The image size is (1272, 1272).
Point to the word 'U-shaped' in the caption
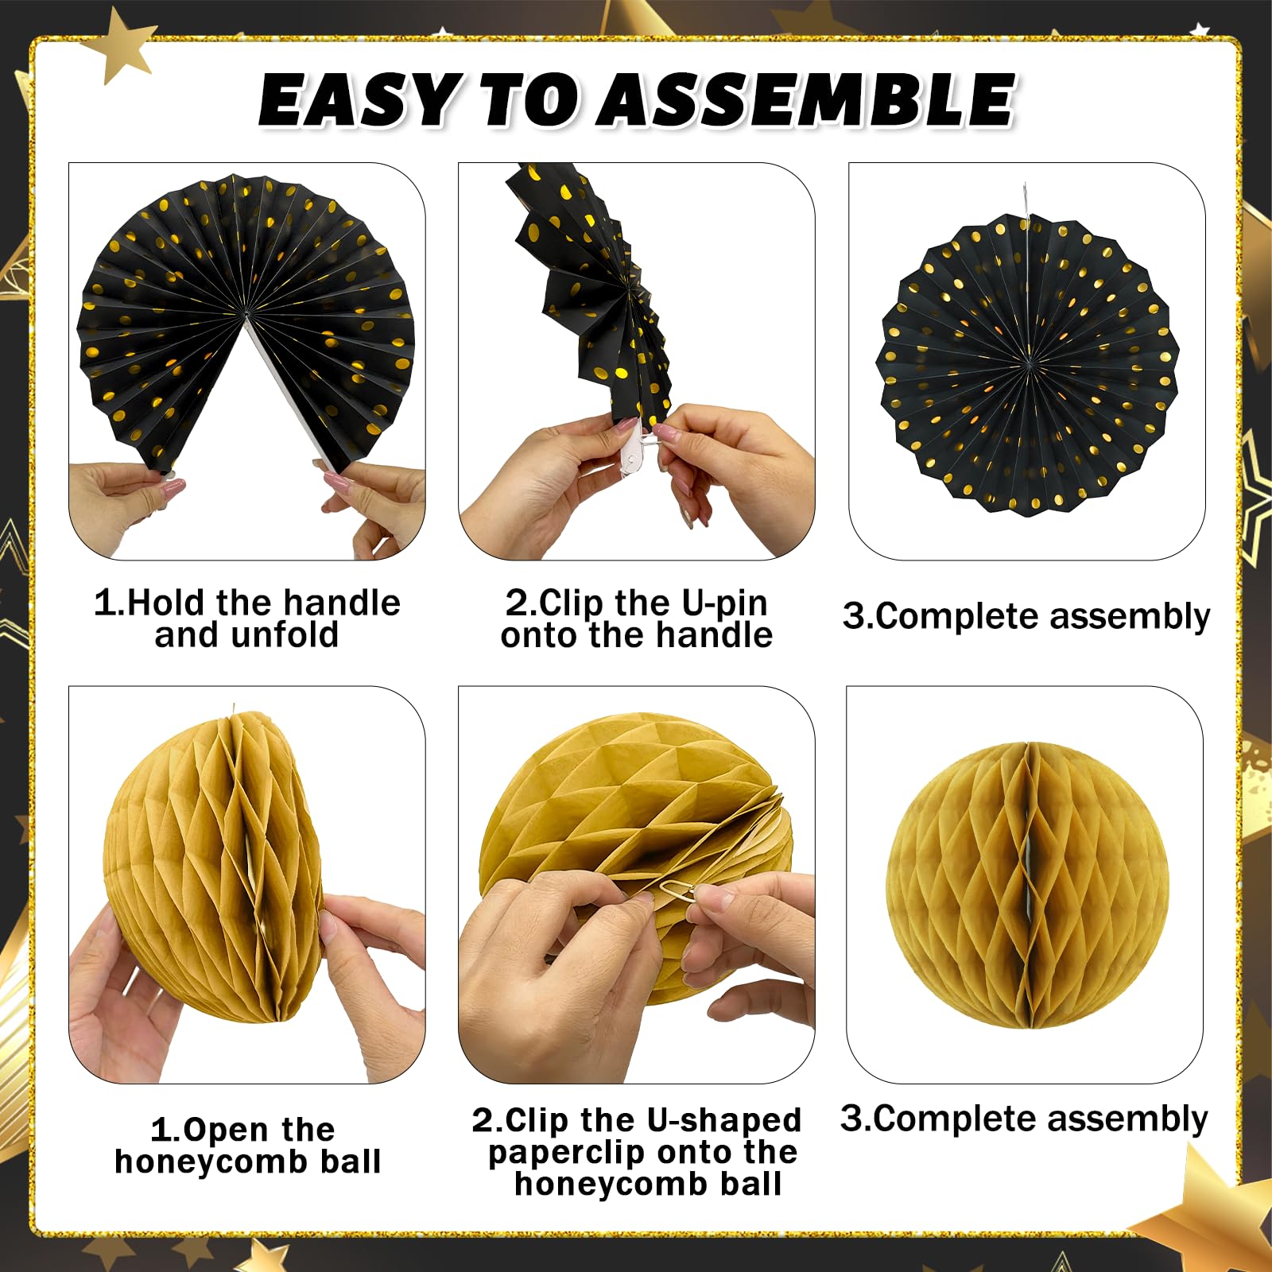pyautogui.click(x=723, y=1121)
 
